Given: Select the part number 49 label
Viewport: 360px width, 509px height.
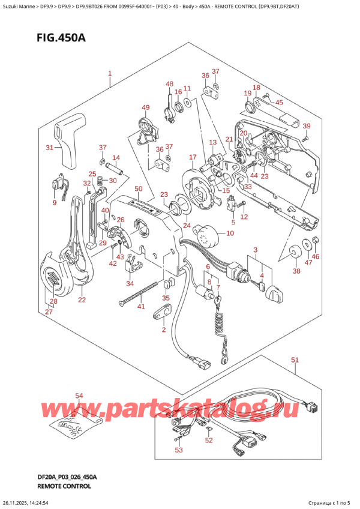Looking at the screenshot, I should [x=145, y=108].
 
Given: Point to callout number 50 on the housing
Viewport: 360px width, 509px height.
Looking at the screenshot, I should [x=138, y=190].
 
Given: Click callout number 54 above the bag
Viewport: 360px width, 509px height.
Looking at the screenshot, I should [x=79, y=396].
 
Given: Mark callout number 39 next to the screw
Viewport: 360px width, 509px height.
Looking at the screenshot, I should [x=307, y=125].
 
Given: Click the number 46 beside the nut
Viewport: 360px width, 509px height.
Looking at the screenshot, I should [x=316, y=257].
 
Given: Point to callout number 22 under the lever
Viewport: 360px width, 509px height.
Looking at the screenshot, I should [x=82, y=300].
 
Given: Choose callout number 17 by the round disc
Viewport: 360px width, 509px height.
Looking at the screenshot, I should [x=192, y=158].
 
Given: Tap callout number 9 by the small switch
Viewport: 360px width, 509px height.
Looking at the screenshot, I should [x=55, y=203].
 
